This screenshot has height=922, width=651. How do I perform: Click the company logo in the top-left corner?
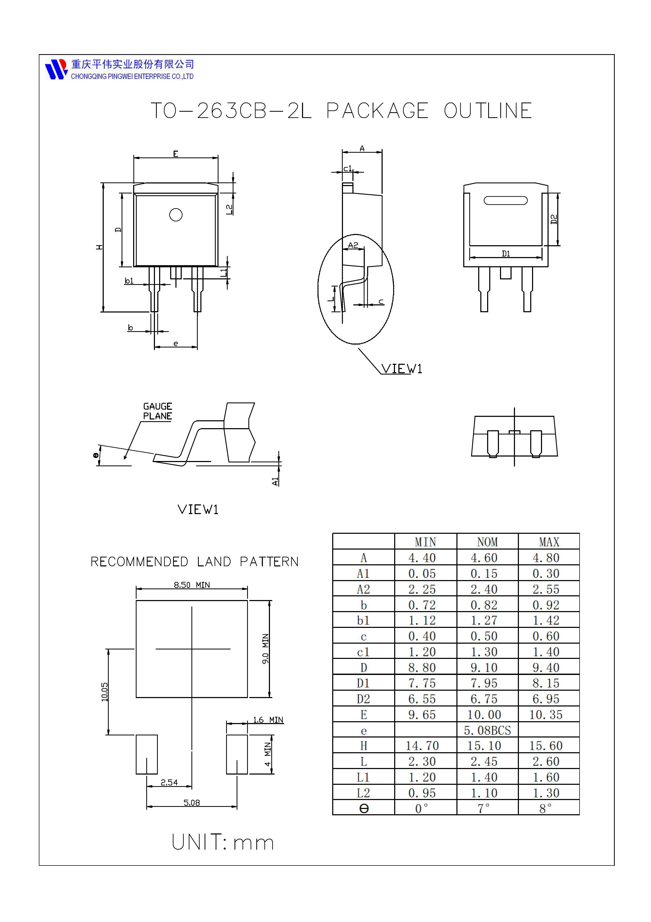tap(56, 69)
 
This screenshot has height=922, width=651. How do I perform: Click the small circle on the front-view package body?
tap(176, 215)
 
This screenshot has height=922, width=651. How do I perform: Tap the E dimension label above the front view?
tap(176, 154)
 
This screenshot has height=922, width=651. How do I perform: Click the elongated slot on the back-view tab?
tap(506, 200)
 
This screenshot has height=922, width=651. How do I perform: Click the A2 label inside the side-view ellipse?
tap(353, 245)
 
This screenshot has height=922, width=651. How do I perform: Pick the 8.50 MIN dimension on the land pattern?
tap(192, 585)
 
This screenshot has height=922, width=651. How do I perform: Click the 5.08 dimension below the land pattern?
tap(192, 803)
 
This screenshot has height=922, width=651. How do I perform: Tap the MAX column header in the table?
tap(549, 542)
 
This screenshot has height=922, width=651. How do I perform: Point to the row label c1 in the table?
tap(363, 652)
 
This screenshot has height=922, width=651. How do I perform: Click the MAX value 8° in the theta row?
tap(545, 808)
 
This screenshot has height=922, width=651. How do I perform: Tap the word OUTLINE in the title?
tap(488, 111)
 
